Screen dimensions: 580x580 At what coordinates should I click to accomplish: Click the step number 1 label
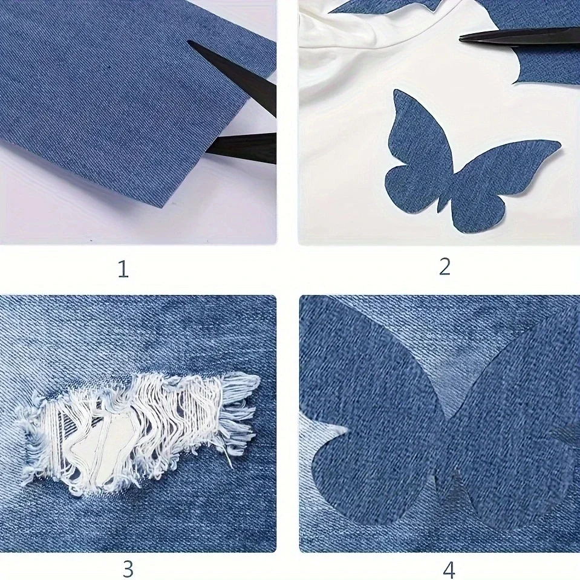coord(123,270)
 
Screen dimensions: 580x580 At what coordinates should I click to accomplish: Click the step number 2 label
coord(445,267)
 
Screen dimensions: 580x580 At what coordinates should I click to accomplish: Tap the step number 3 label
coord(128,569)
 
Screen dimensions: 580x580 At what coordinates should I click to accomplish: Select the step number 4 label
coord(449,570)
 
